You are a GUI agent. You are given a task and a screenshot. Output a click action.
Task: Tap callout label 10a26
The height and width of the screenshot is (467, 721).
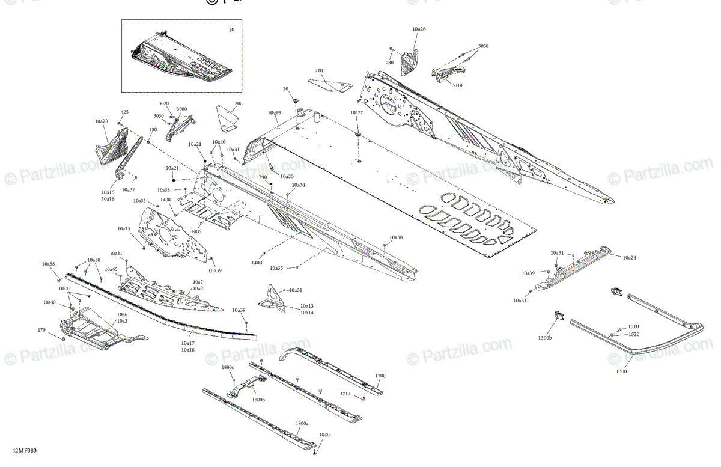(419, 29)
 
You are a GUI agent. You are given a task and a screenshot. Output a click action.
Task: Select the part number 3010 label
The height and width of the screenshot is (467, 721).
(457, 85)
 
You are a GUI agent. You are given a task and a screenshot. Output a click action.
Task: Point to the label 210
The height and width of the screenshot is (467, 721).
(318, 70)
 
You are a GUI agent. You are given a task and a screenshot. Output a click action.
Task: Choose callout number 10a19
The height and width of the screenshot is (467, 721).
(275, 112)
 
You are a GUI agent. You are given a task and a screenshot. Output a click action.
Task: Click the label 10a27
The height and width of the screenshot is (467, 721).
(356, 112)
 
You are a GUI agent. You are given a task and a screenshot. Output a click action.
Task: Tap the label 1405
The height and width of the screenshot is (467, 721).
(196, 231)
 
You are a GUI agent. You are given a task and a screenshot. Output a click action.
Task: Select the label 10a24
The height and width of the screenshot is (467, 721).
(629, 257)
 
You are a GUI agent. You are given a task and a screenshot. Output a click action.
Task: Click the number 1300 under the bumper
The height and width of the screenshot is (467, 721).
(621, 371)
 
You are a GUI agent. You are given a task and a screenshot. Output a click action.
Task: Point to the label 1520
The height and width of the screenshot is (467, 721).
(633, 334)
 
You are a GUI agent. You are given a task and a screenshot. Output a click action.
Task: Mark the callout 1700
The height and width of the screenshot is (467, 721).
(380, 376)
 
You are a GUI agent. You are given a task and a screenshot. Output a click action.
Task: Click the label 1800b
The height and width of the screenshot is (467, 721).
(258, 400)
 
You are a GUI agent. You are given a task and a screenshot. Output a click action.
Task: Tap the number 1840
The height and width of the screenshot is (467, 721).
(324, 435)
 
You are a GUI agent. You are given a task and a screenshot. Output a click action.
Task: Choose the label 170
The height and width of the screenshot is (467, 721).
(41, 330)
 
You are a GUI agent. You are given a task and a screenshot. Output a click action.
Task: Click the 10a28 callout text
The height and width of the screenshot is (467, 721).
(101, 121)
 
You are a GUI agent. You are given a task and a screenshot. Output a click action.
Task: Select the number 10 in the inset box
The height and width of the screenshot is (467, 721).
(231, 29)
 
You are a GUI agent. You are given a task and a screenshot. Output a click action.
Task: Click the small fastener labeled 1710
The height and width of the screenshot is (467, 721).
(364, 397)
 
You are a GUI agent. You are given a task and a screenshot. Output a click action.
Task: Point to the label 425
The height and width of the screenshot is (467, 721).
(124, 112)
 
